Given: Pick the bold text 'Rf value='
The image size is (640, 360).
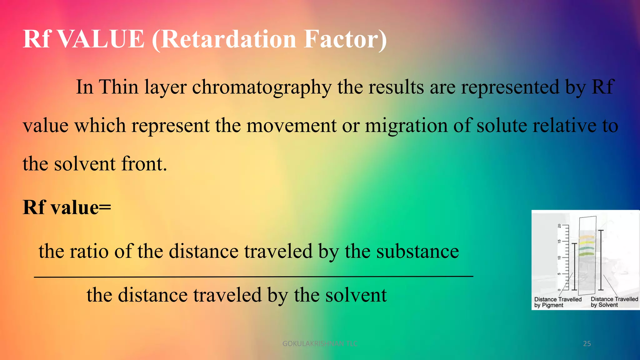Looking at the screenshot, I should (67, 207).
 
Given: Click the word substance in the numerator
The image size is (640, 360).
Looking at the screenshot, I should (417, 251).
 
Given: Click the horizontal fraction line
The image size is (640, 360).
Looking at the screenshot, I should (253, 277).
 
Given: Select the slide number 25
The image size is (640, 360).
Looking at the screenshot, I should (587, 344).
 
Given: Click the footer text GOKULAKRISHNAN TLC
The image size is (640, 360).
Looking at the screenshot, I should (319, 344).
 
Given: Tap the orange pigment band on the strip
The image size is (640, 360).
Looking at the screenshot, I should (587, 237).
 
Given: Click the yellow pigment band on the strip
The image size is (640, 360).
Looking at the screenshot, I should (587, 242).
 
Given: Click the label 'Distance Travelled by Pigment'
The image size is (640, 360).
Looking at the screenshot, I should (557, 302).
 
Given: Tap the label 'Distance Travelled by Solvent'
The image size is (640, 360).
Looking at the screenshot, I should (614, 302).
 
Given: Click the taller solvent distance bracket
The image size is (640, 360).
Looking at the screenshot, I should (601, 260).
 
